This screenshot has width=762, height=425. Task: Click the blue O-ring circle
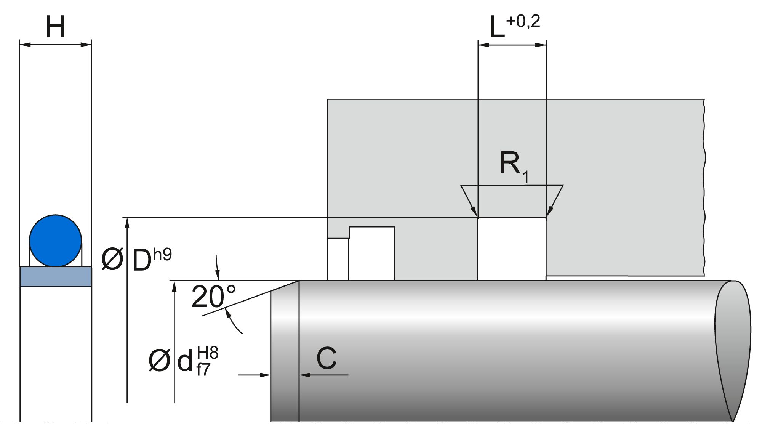tap(55, 241)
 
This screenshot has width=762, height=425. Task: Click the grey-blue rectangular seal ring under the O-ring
tap(56, 276)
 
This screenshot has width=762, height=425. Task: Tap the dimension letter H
tap(56, 27)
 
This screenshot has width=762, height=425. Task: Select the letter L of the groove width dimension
tap(497, 28)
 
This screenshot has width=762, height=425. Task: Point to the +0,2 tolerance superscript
tap(523, 22)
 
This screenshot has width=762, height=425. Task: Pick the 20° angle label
tap(213, 297)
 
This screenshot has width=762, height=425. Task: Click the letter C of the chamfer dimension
tap(327, 359)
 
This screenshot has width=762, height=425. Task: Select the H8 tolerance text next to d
tap(208, 353)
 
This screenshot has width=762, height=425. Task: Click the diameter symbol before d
tap(159, 361)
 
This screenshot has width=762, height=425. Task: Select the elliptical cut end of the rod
tap(733, 351)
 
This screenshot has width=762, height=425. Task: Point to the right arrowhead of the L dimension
tap(541, 45)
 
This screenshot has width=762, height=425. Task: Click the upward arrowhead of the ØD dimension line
tap(127, 223)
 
